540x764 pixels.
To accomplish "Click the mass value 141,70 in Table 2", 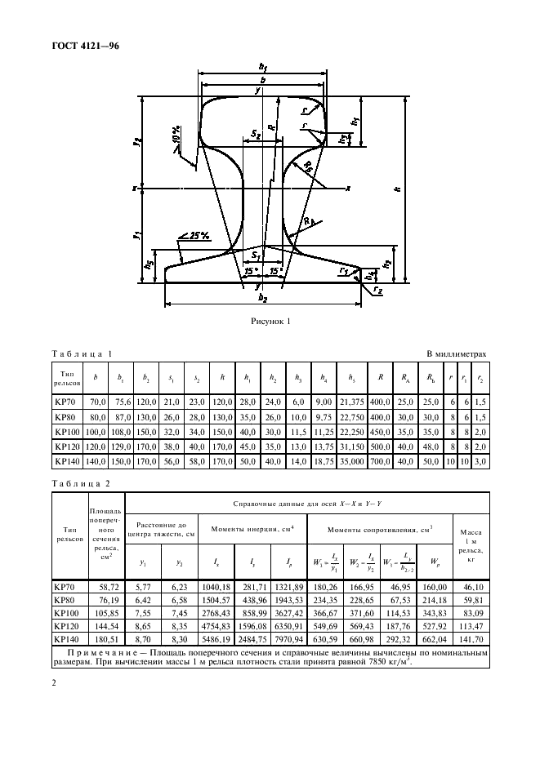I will (x=470, y=639).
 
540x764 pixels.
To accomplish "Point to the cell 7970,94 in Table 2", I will (x=287, y=639).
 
